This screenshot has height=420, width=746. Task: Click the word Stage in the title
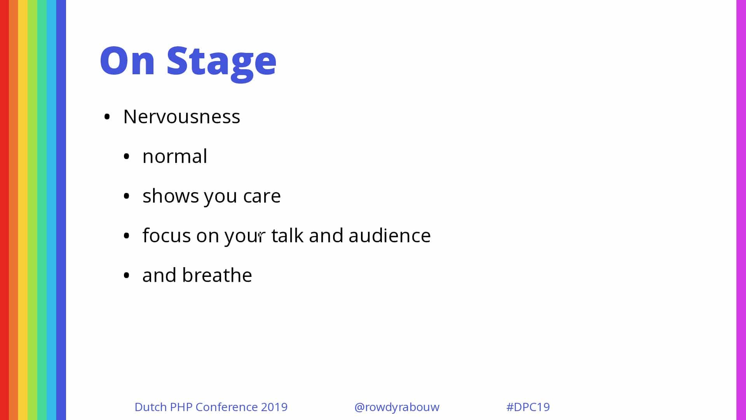[221, 62]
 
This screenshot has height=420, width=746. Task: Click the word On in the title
[127, 60]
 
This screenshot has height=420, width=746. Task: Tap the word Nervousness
[182, 116]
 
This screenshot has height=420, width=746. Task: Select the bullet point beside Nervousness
[107, 117]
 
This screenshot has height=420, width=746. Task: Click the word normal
[175, 156]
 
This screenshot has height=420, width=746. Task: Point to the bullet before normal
[126, 157]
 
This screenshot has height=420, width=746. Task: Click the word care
[262, 196]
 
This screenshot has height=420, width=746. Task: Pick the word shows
[171, 196]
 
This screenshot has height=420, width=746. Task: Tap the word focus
[167, 235]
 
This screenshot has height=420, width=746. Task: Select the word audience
[390, 235]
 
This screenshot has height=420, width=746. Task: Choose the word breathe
[217, 275]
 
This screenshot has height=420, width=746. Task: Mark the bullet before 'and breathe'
[126, 276]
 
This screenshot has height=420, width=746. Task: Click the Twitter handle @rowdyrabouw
[397, 407]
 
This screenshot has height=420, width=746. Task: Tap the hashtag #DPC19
[528, 407]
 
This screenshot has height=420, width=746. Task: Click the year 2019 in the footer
[274, 407]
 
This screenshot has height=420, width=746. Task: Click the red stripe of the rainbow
[4, 210]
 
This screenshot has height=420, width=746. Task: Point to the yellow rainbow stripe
[23, 210]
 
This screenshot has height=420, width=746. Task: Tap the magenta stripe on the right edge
[741, 210]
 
